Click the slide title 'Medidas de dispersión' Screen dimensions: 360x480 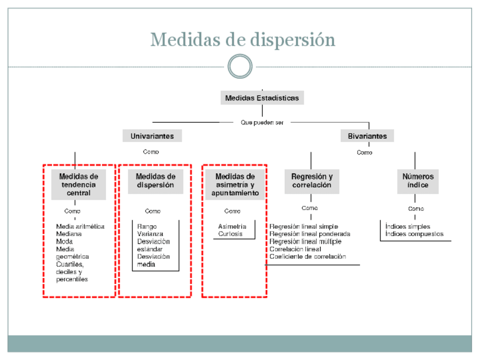coord(243,40)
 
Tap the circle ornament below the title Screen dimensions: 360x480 coord(240,66)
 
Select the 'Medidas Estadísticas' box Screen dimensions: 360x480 coord(262,98)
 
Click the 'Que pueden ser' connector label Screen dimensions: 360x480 coord(262,122)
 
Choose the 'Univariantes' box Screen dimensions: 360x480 coord(152,136)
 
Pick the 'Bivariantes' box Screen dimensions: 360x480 coord(367,136)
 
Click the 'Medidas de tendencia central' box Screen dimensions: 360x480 coord(79,185)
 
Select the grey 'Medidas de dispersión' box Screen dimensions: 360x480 coord(156,181)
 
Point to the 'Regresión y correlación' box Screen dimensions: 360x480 coord(312,181)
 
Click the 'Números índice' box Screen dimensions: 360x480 coord(418,181)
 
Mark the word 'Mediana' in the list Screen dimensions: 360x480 coord(68,234)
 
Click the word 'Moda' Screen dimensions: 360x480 coord(64,241)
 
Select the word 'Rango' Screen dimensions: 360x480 coord(147,226)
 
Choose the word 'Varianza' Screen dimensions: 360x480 coord(150,234)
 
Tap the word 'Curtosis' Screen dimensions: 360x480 coord(230,234)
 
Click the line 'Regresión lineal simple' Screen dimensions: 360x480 coord(303,226)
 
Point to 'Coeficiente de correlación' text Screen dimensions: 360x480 coord(307,256)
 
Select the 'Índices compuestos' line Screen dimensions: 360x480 coord(414,234)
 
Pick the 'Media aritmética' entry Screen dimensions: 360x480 coord(80,226)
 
